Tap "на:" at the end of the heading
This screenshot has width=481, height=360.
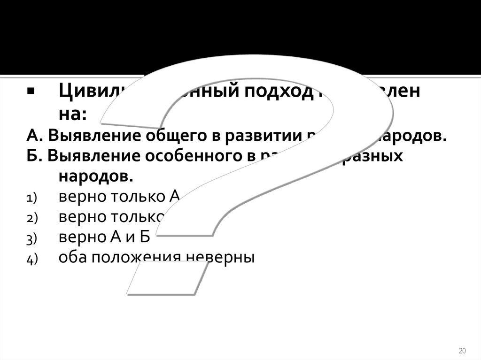pyautogui.click(x=73, y=114)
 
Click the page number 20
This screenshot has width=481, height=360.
pyautogui.click(x=461, y=351)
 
